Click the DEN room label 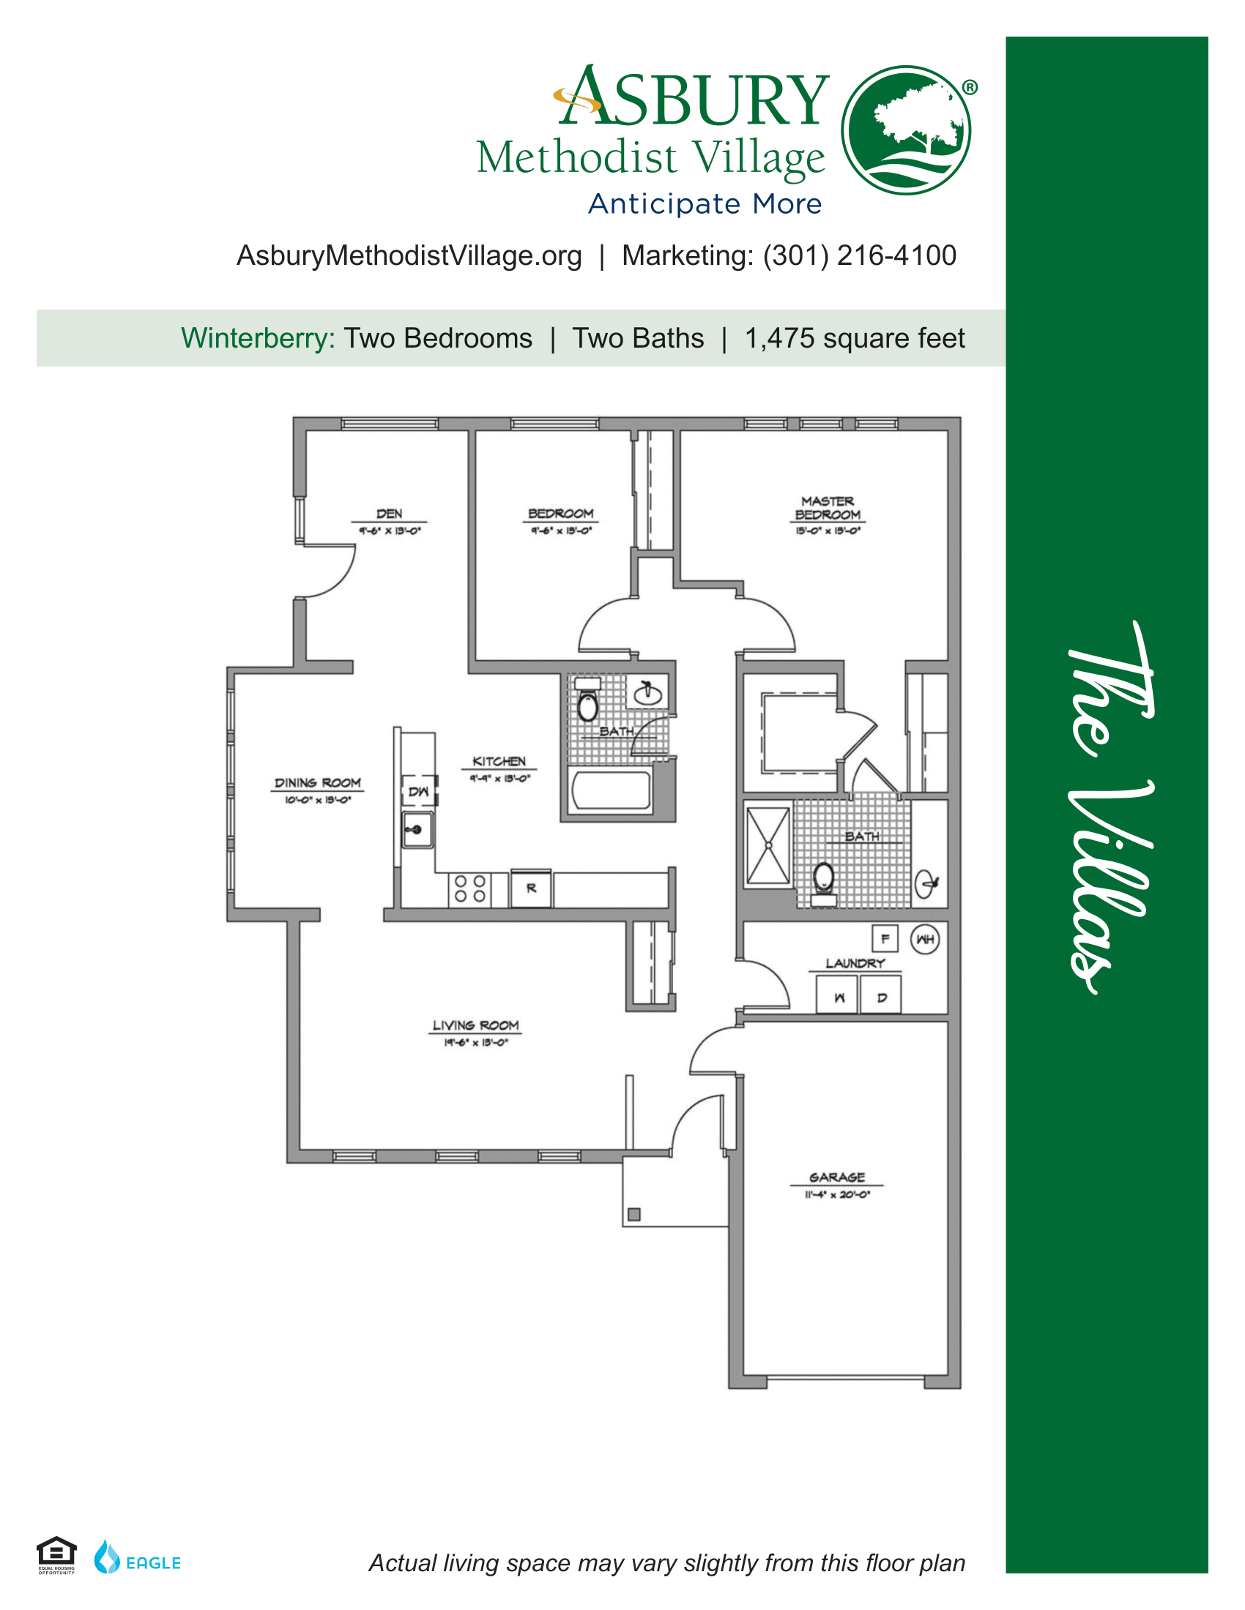[389, 514]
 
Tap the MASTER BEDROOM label [827, 508]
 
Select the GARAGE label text [836, 1177]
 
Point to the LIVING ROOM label [475, 1025]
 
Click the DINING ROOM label [317, 783]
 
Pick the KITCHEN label [499, 762]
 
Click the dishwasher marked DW [418, 791]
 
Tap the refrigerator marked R [531, 889]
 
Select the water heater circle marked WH [925, 939]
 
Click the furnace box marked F [885, 938]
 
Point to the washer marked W [838, 996]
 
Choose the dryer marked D [881, 996]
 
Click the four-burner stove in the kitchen [470, 888]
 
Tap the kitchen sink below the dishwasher [417, 830]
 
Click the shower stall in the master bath [768, 845]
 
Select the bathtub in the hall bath [611, 790]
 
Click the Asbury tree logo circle [906, 130]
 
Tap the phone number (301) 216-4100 [859, 256]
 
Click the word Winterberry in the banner [258, 338]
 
